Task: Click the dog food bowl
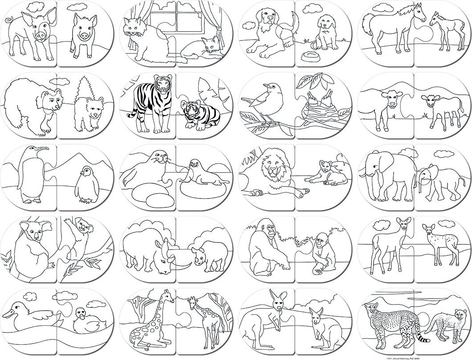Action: pyautogui.click(x=309, y=57)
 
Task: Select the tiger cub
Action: pyautogui.click(x=199, y=115)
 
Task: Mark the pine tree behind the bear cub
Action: pyautogui.click(x=84, y=91)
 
